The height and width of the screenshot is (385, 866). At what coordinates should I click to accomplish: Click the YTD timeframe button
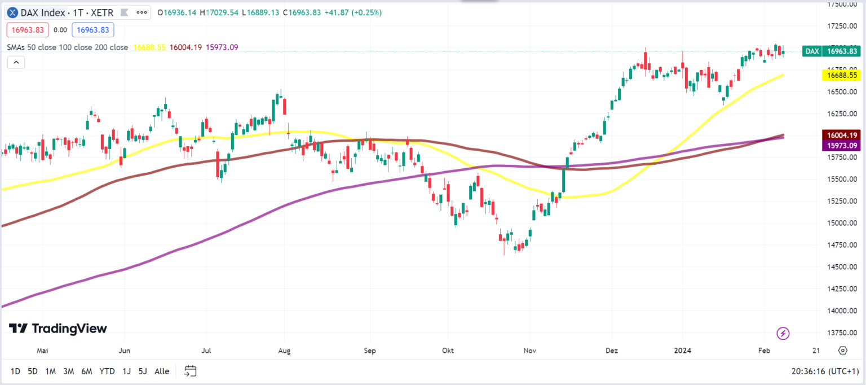(x=107, y=371)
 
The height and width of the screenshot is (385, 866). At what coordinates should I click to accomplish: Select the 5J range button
(x=143, y=371)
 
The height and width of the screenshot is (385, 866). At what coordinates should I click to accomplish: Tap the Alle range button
(x=162, y=371)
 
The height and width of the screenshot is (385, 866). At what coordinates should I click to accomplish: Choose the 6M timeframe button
(x=87, y=371)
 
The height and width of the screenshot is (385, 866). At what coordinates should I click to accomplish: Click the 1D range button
(x=15, y=371)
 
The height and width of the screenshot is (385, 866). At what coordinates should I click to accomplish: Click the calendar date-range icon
(x=191, y=371)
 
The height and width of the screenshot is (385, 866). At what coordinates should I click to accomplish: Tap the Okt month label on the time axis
(x=448, y=351)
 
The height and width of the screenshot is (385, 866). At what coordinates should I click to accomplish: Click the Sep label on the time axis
(x=370, y=351)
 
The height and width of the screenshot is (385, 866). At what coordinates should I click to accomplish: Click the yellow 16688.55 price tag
(x=841, y=75)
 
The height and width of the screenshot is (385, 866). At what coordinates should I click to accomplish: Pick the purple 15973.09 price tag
(x=841, y=146)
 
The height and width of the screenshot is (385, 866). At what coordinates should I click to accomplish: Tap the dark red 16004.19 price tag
(x=841, y=135)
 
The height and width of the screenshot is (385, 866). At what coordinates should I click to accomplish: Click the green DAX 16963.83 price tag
(x=831, y=51)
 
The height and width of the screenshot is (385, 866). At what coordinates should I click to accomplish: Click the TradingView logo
(x=58, y=329)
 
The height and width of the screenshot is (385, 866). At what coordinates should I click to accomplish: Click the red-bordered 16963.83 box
(x=27, y=30)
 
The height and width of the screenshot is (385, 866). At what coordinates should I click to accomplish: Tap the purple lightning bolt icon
(x=783, y=333)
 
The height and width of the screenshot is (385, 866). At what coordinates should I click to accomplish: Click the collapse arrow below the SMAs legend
(x=16, y=62)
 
